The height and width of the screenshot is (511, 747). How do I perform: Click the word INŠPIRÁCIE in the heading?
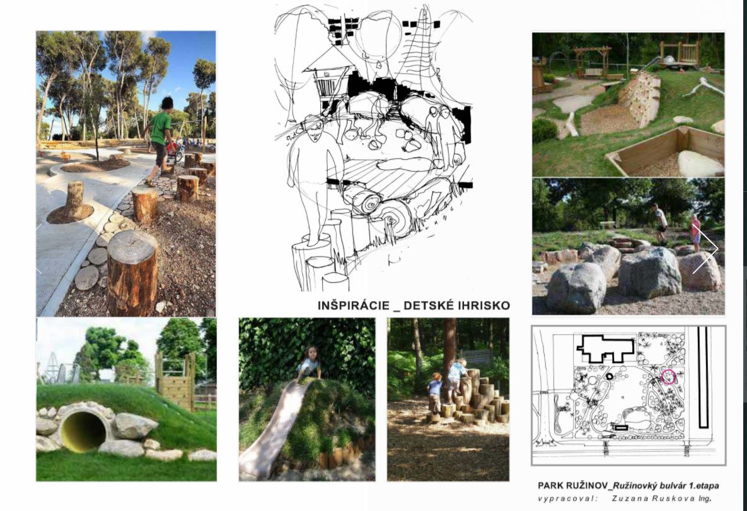click(x=354, y=305)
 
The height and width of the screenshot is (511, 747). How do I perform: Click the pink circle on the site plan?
click(x=668, y=377)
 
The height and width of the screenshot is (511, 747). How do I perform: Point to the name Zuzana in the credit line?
click(x=627, y=498)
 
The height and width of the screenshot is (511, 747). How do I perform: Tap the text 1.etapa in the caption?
click(x=705, y=486)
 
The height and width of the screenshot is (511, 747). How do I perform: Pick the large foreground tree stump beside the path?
click(x=132, y=272)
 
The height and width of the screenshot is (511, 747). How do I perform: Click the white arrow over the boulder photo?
click(x=706, y=249)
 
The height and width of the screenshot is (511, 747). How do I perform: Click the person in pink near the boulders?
click(x=695, y=232)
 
